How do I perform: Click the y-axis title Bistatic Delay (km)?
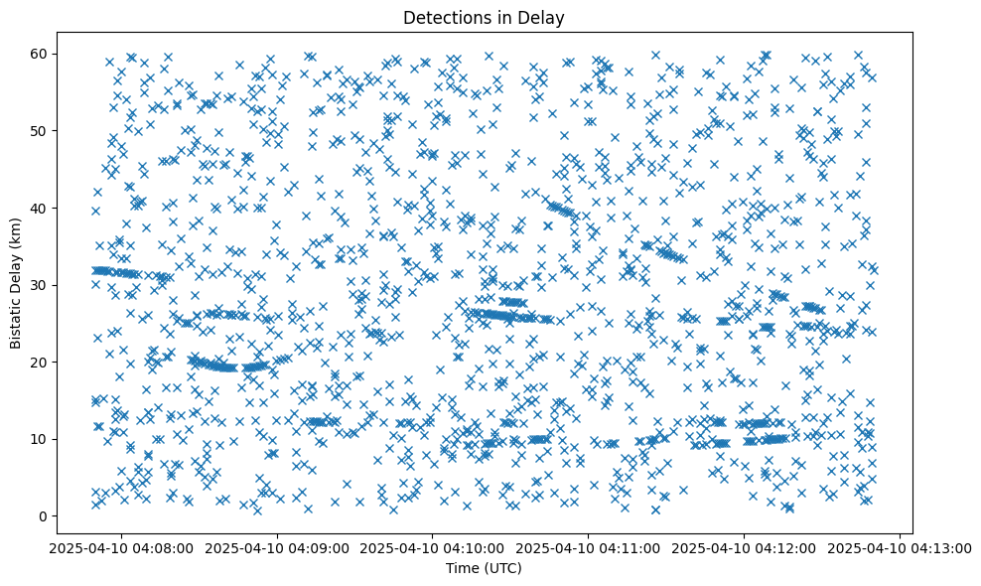tap(17, 283)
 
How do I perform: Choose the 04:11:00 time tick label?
tap(588, 547)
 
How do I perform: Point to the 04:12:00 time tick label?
tap(744, 547)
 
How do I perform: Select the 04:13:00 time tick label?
tap(900, 547)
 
